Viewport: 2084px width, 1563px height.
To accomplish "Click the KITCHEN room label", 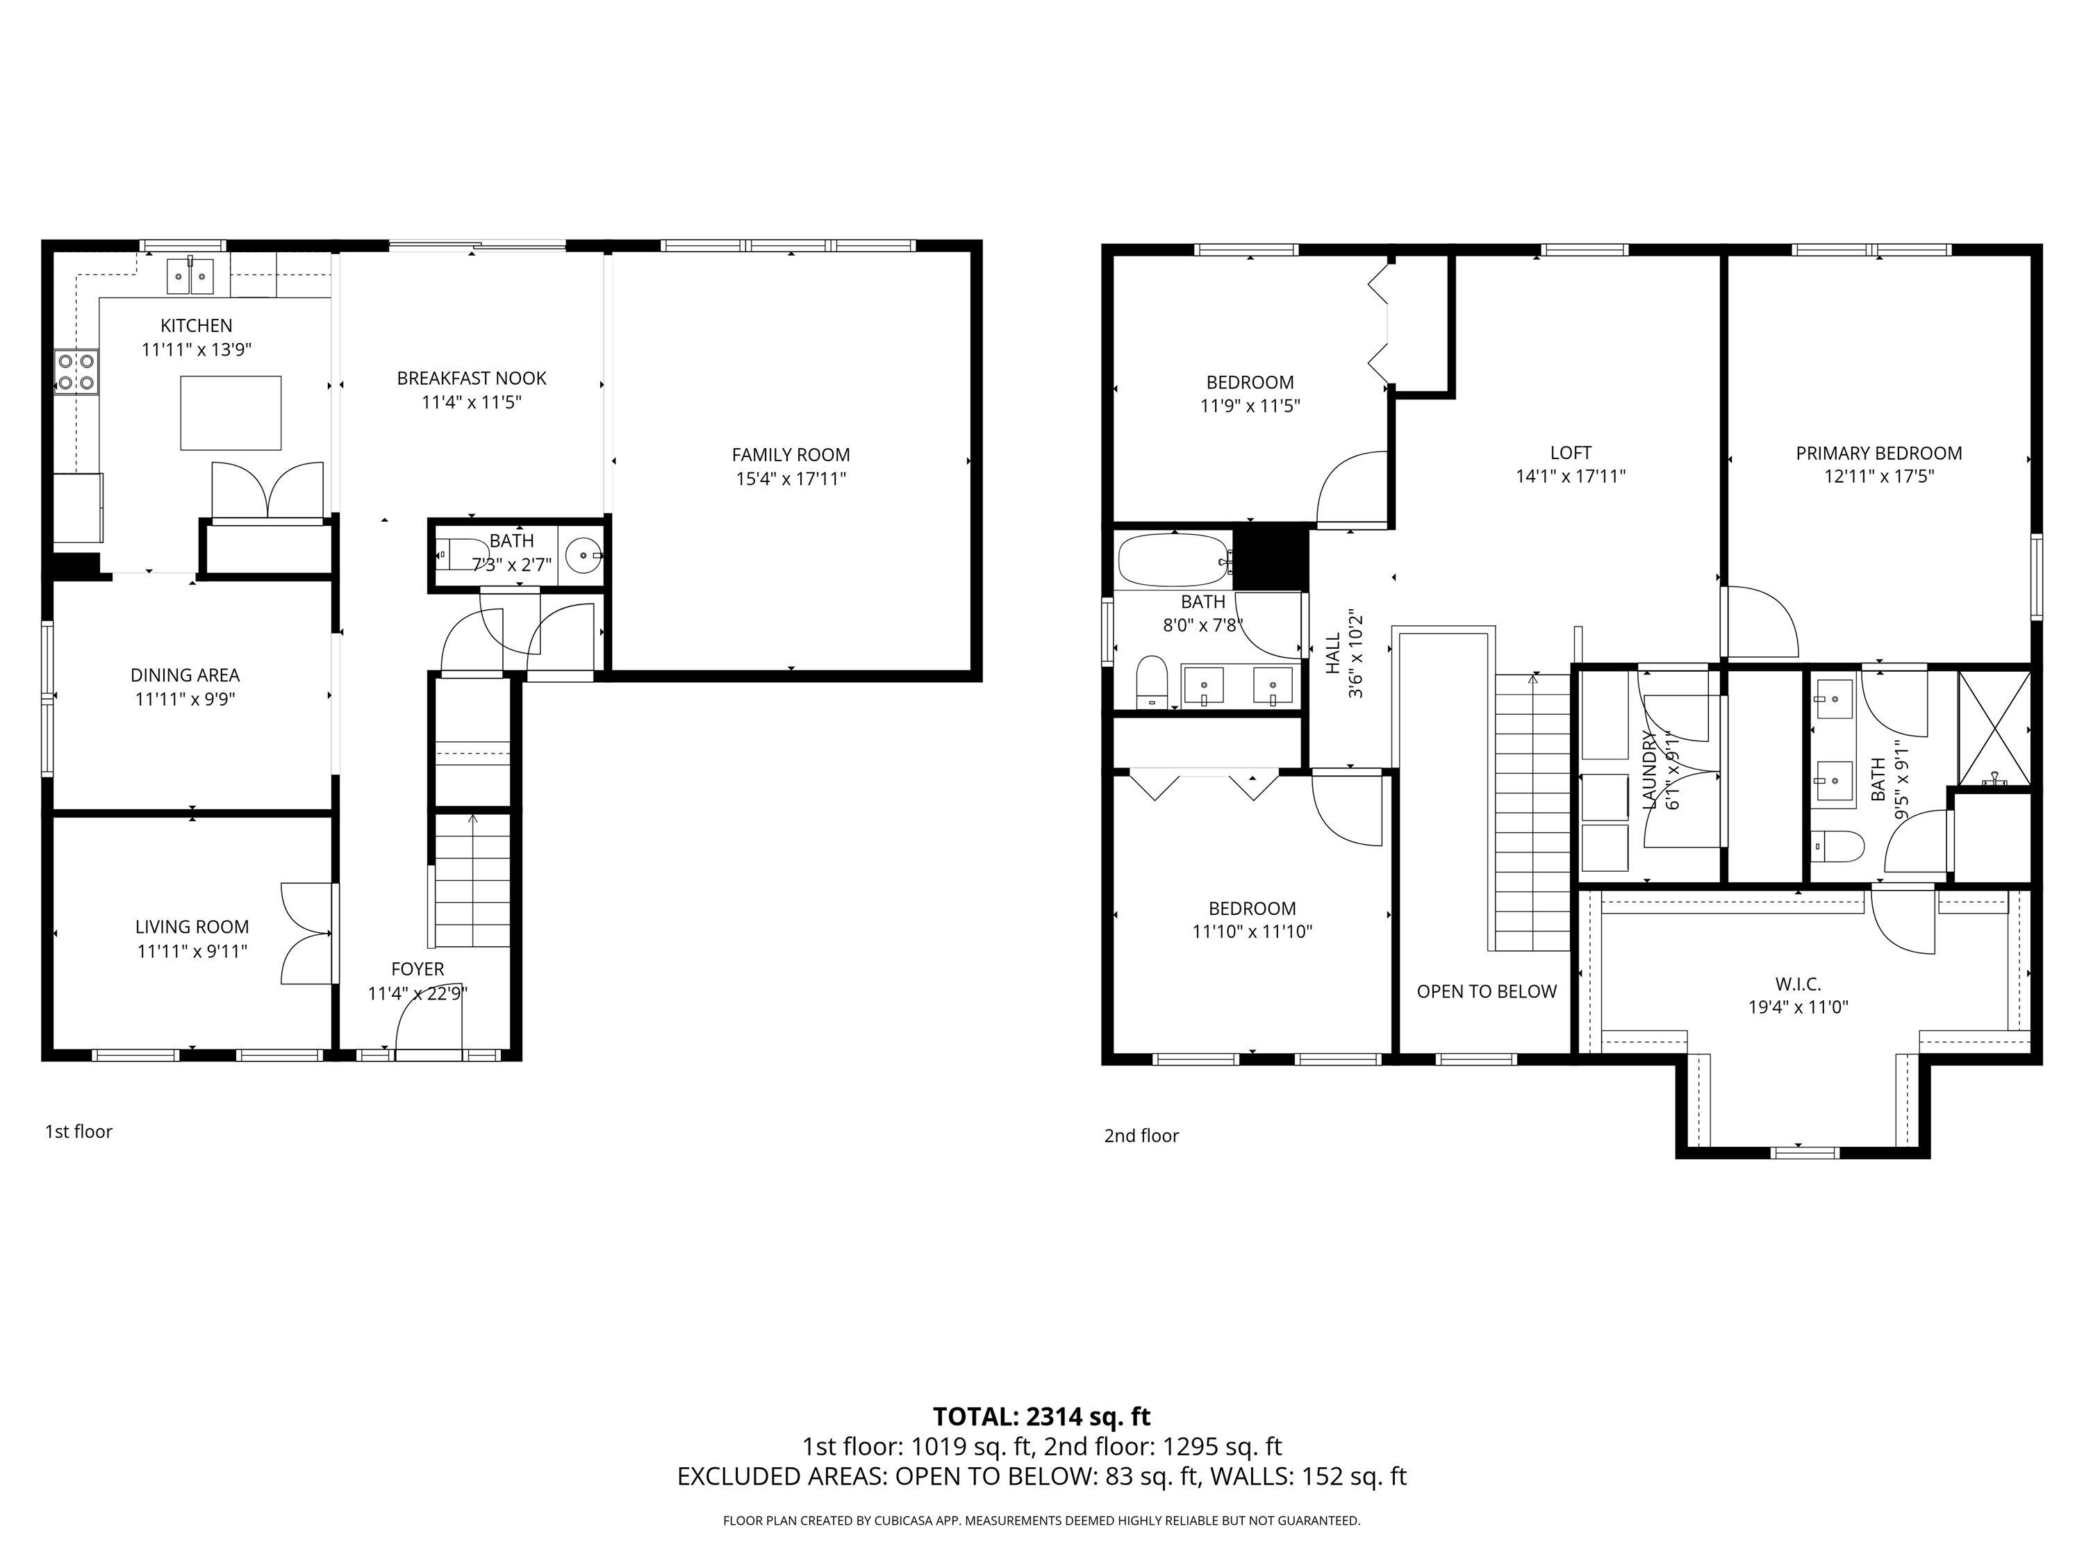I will pyautogui.click(x=196, y=326).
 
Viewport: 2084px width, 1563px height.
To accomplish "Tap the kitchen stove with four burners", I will pyautogui.click(x=76, y=370).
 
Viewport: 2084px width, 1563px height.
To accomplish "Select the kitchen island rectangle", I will pyautogui.click(x=231, y=413).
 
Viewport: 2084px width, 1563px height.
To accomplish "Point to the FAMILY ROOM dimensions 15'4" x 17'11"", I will pyautogui.click(x=791, y=479).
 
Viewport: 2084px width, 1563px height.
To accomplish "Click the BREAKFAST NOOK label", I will pyautogui.click(x=471, y=379).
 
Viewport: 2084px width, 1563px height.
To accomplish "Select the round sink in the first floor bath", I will pyautogui.click(x=584, y=556).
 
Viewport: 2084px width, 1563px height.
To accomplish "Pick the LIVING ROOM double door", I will pyautogui.click(x=307, y=934).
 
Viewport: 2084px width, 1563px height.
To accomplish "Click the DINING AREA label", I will pyautogui.click(x=185, y=675).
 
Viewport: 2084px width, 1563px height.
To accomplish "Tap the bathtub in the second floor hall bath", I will pyautogui.click(x=1174, y=561).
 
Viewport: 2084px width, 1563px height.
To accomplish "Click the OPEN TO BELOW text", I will pyautogui.click(x=1487, y=991).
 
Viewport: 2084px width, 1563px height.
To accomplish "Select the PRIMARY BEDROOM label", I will pyautogui.click(x=1878, y=453).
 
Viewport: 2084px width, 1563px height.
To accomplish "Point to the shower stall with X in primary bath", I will pyautogui.click(x=1994, y=727).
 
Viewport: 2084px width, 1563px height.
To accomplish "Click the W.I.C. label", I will pyautogui.click(x=1798, y=984).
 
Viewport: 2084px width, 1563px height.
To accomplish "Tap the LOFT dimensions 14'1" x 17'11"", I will pyautogui.click(x=1571, y=477).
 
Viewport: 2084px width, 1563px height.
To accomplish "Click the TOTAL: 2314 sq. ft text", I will pyautogui.click(x=1041, y=1416).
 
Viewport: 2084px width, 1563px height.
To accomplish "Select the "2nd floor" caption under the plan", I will pyautogui.click(x=1141, y=1136).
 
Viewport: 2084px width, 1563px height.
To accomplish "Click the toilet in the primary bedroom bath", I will pyautogui.click(x=1838, y=846).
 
